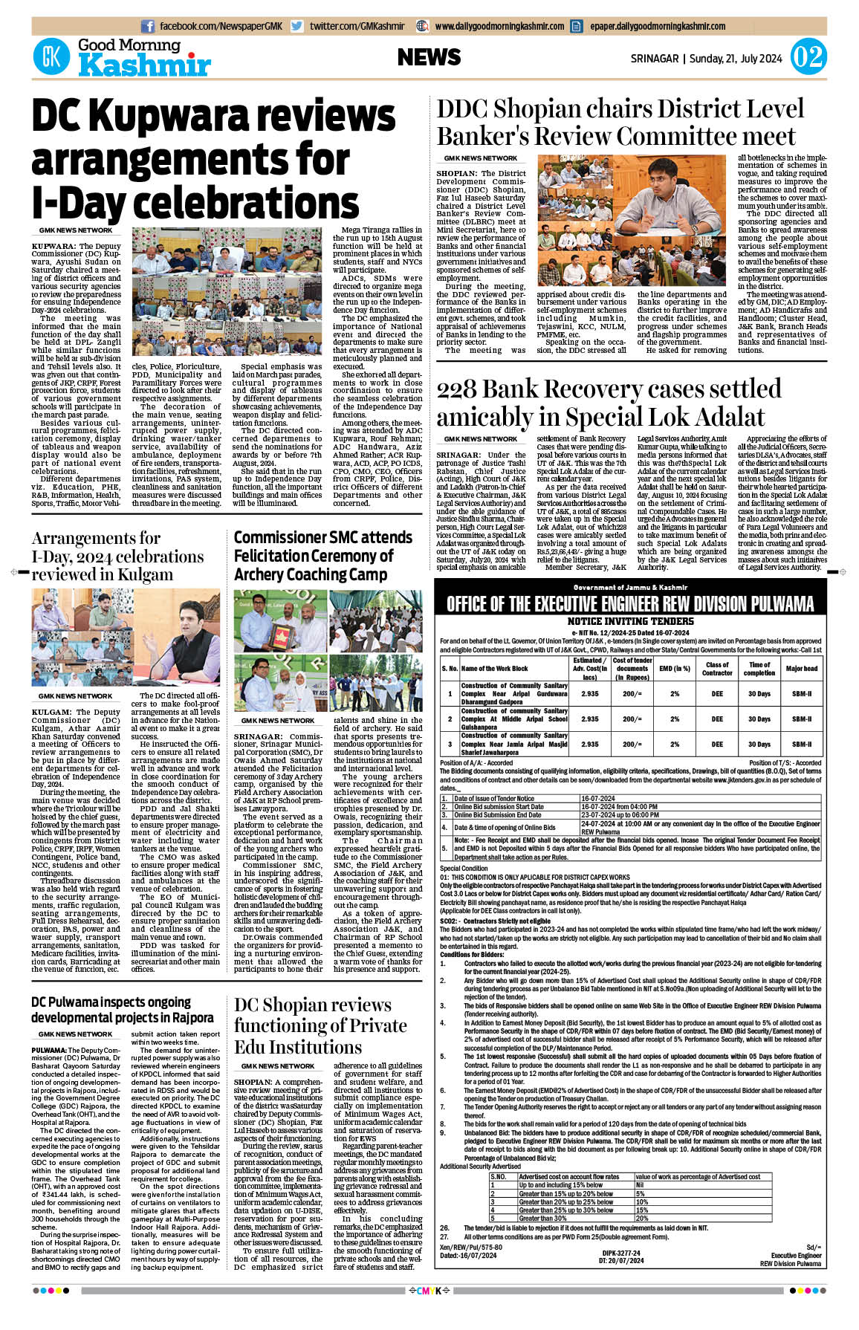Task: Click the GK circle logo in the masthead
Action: point(51,56)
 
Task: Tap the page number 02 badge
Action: point(808,57)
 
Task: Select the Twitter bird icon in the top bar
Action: point(297,26)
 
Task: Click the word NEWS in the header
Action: point(429,57)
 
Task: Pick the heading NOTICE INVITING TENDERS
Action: point(630,621)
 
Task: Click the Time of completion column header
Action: point(759,669)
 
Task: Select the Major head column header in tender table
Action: point(801,669)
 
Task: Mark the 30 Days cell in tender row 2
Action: point(759,719)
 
